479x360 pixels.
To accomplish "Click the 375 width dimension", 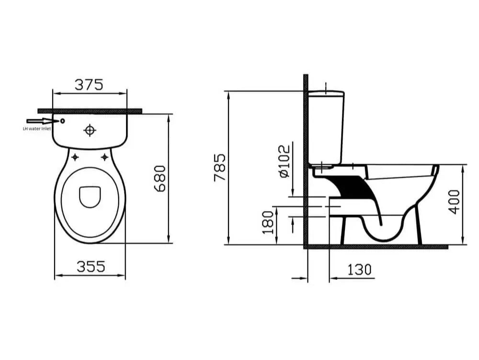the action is click(89, 85).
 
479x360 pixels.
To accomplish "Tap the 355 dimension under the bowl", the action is click(91, 266).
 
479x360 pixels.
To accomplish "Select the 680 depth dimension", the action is click(160, 179).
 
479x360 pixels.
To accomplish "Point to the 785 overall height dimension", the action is click(220, 168).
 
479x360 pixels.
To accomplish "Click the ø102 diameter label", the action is click(284, 161).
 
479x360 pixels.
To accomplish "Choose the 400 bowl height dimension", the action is click(455, 202).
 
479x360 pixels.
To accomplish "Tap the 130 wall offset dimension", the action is click(359, 270).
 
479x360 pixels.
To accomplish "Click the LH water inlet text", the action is click(37, 129).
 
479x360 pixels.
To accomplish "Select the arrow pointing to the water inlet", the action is click(42, 121).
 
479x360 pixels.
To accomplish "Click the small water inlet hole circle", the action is click(63, 121).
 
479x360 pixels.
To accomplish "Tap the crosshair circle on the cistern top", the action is click(90, 130).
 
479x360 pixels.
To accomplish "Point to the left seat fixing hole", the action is click(75, 157).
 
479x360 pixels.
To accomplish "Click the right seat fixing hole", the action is click(104, 157).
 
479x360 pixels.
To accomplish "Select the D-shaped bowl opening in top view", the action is click(90, 197).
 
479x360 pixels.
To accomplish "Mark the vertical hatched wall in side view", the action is click(306, 161).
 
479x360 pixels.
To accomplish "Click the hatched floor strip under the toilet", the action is click(376, 247).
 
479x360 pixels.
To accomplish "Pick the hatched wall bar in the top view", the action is click(90, 111).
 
